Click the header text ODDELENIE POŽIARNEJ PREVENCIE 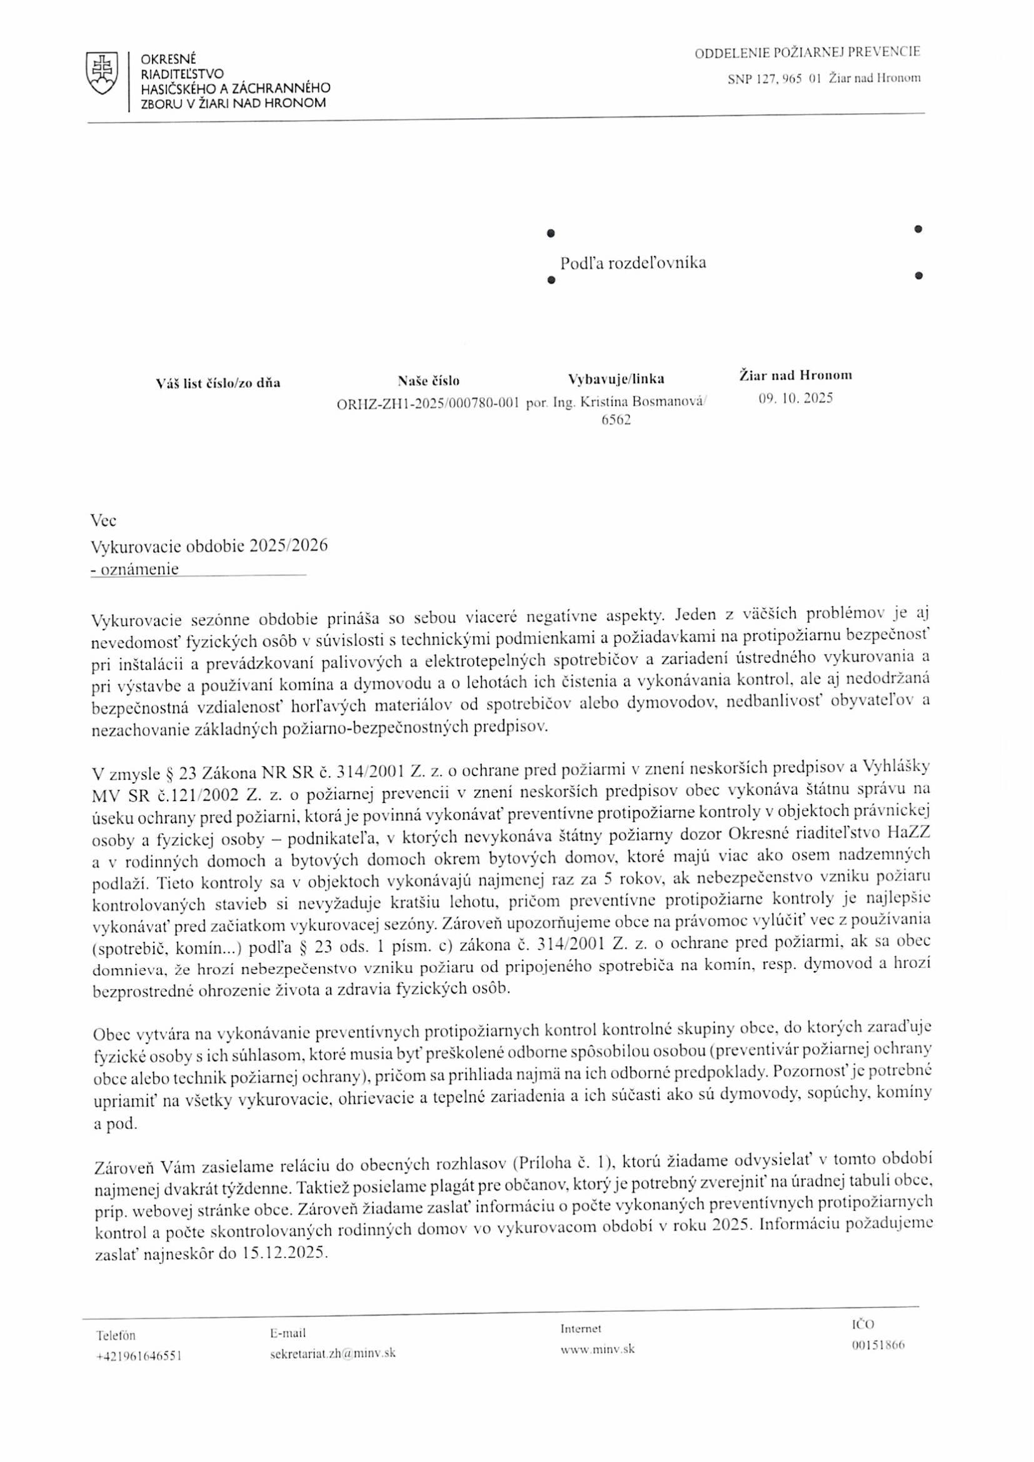coord(806,53)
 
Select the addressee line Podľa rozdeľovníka coord(632,263)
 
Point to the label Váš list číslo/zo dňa coord(218,383)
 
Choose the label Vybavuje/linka coord(616,380)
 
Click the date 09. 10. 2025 coord(795,399)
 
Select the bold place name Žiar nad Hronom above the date coord(795,376)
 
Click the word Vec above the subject coord(104,521)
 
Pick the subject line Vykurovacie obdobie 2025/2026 coord(209,547)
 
